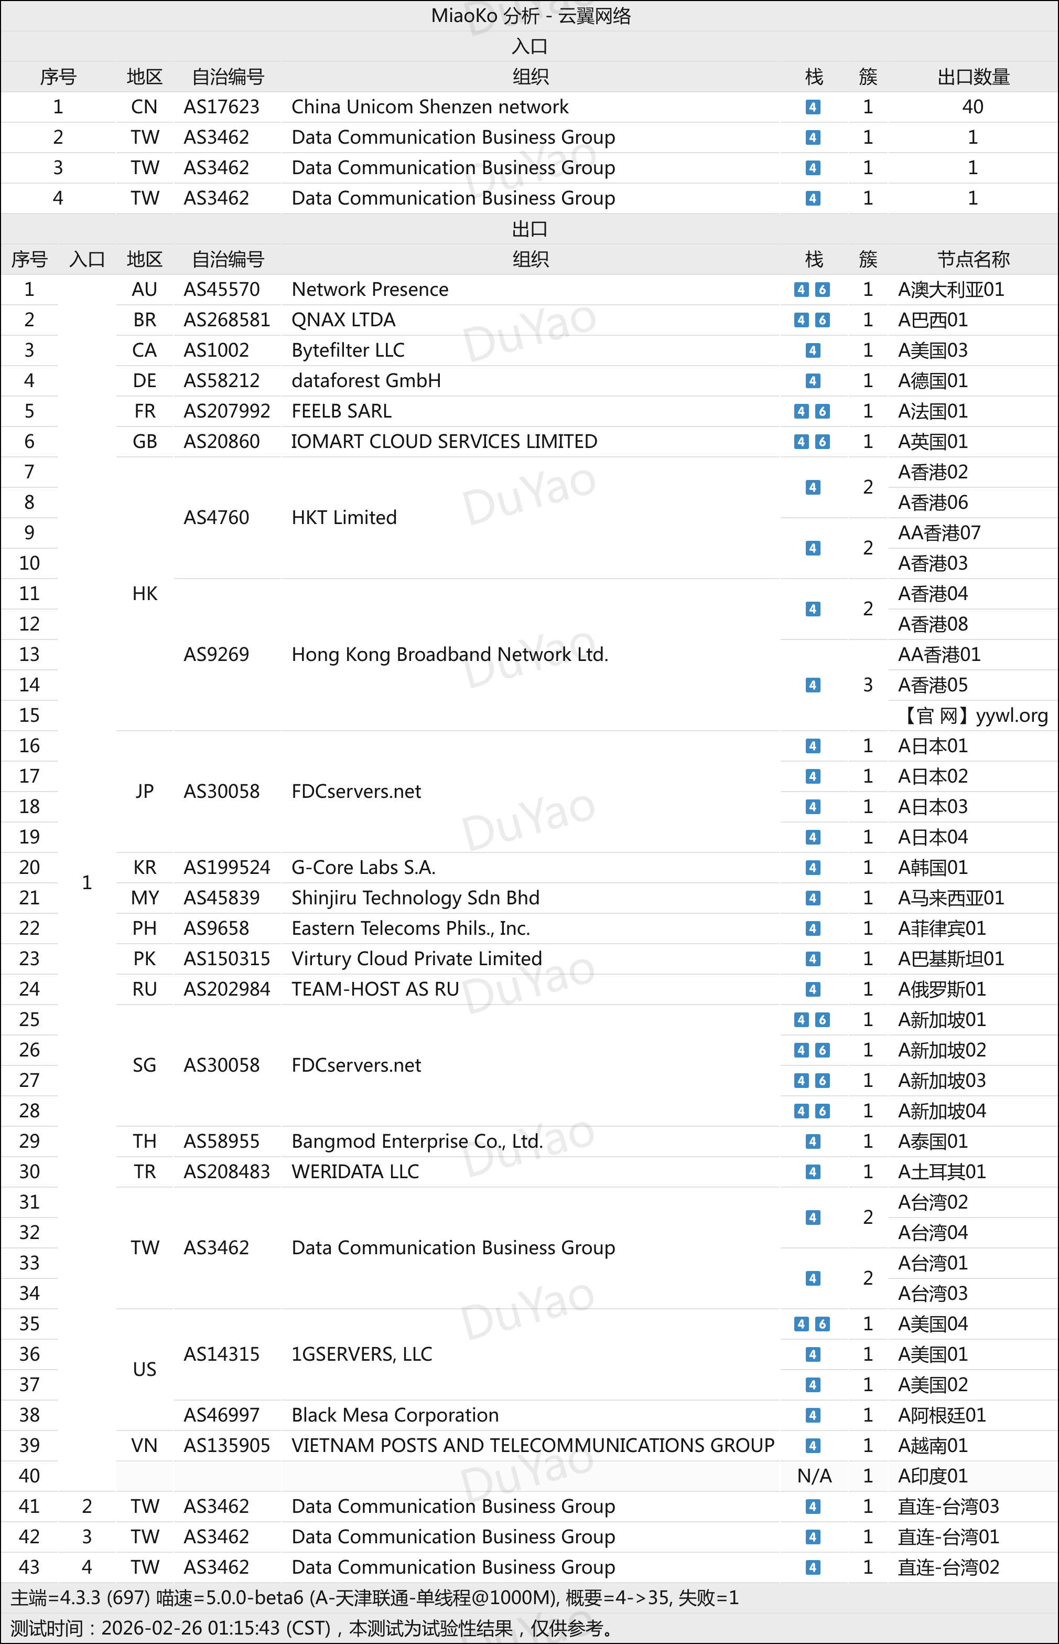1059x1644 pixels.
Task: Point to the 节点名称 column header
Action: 973,259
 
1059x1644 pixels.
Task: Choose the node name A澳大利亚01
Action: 951,290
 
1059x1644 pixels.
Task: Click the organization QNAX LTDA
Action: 343,320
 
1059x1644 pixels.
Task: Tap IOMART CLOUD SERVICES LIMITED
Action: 444,442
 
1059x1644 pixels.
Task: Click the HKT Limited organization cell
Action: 344,517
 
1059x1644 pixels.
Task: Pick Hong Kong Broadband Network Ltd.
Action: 450,654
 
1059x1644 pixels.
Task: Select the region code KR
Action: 144,868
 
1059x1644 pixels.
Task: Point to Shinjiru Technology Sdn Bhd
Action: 415,898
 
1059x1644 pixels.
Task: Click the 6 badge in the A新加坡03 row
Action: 823,1081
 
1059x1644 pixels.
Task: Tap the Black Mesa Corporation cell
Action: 395,1415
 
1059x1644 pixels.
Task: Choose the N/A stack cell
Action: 814,1476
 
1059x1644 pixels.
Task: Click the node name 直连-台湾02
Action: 948,1567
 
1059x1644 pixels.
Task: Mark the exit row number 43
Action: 29,1567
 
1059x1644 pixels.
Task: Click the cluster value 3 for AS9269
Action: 868,685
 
